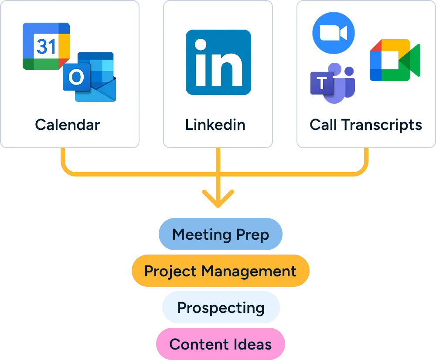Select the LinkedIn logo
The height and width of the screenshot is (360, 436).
[218, 62]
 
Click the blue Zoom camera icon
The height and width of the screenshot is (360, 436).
[334, 33]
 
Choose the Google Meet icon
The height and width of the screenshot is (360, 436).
[394, 61]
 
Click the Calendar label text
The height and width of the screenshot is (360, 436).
[68, 125]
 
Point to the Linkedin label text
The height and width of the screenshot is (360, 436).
[215, 125]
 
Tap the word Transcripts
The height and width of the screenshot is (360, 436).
[381, 125]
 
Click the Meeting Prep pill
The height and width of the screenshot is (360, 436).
[220, 234]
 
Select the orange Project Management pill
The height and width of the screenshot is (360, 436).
[220, 271]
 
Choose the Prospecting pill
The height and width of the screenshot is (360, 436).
[221, 308]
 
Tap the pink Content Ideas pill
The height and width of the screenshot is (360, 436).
[220, 344]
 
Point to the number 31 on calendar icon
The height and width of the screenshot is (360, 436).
[46, 45]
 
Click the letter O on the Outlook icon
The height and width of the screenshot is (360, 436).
[76, 78]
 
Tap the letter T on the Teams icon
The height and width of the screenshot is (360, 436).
[321, 83]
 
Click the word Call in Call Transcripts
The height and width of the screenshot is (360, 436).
[324, 125]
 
